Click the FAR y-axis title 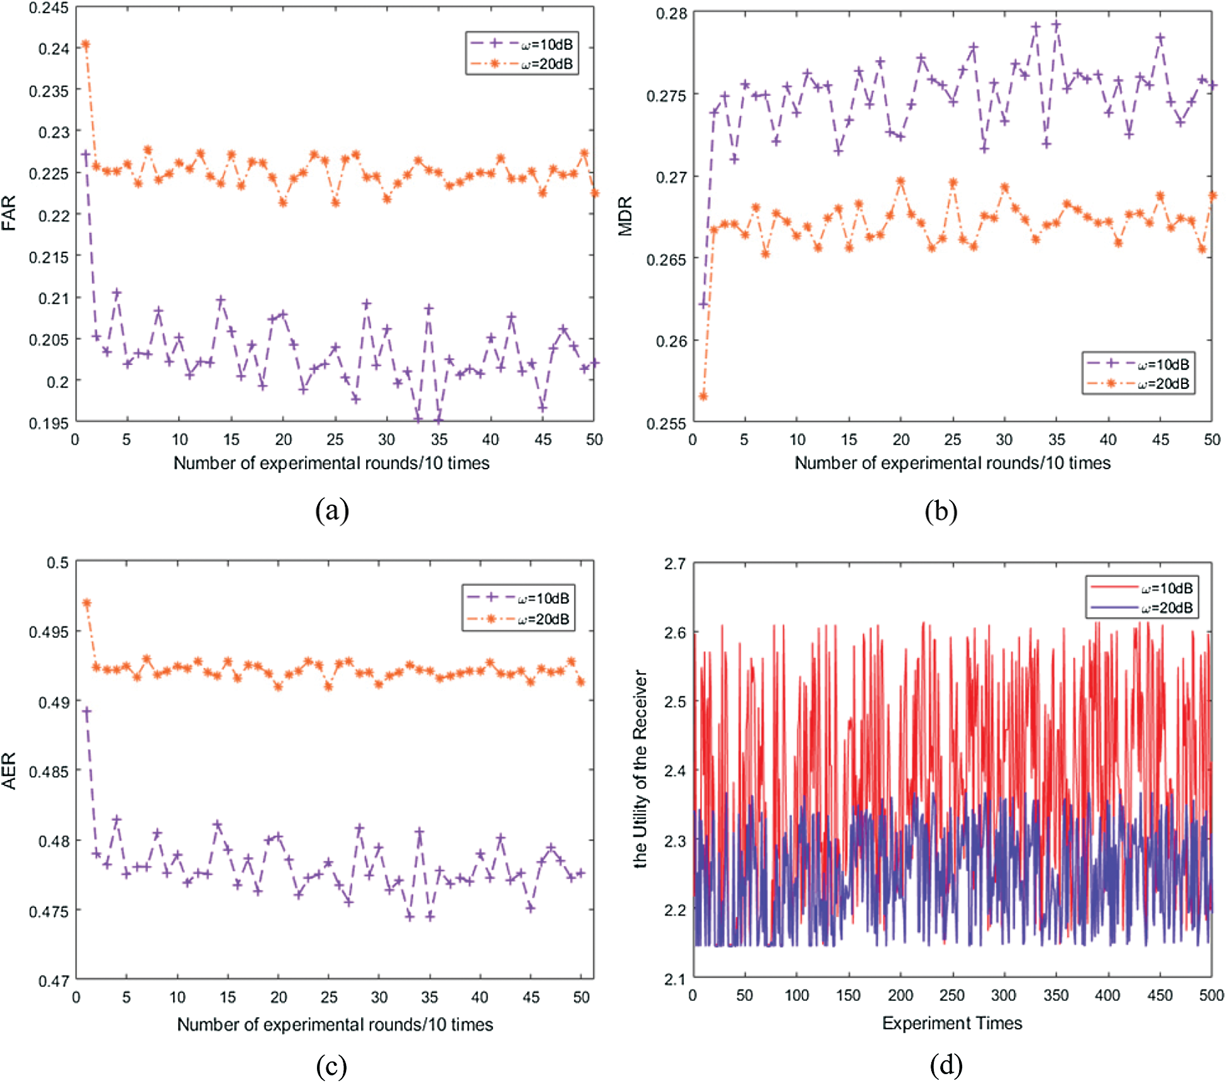coord(9,213)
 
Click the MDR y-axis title coord(625,216)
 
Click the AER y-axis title coord(9,770)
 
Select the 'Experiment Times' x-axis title coord(951,1022)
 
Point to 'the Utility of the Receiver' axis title coord(640,769)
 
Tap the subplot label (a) coord(332,510)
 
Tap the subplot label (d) coord(946,1065)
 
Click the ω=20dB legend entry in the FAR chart coord(522,64)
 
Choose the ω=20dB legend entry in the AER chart coord(518,619)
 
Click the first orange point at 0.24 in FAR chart coord(86,45)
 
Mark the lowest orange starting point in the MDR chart coord(703,396)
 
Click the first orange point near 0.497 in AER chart coord(87,603)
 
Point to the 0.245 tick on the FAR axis coord(49,8)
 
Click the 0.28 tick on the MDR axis coord(671,13)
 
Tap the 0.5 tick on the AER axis coord(57,562)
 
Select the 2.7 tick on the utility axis coord(674,563)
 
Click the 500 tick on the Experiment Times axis coord(1211,995)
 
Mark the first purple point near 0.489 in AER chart coord(87,712)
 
